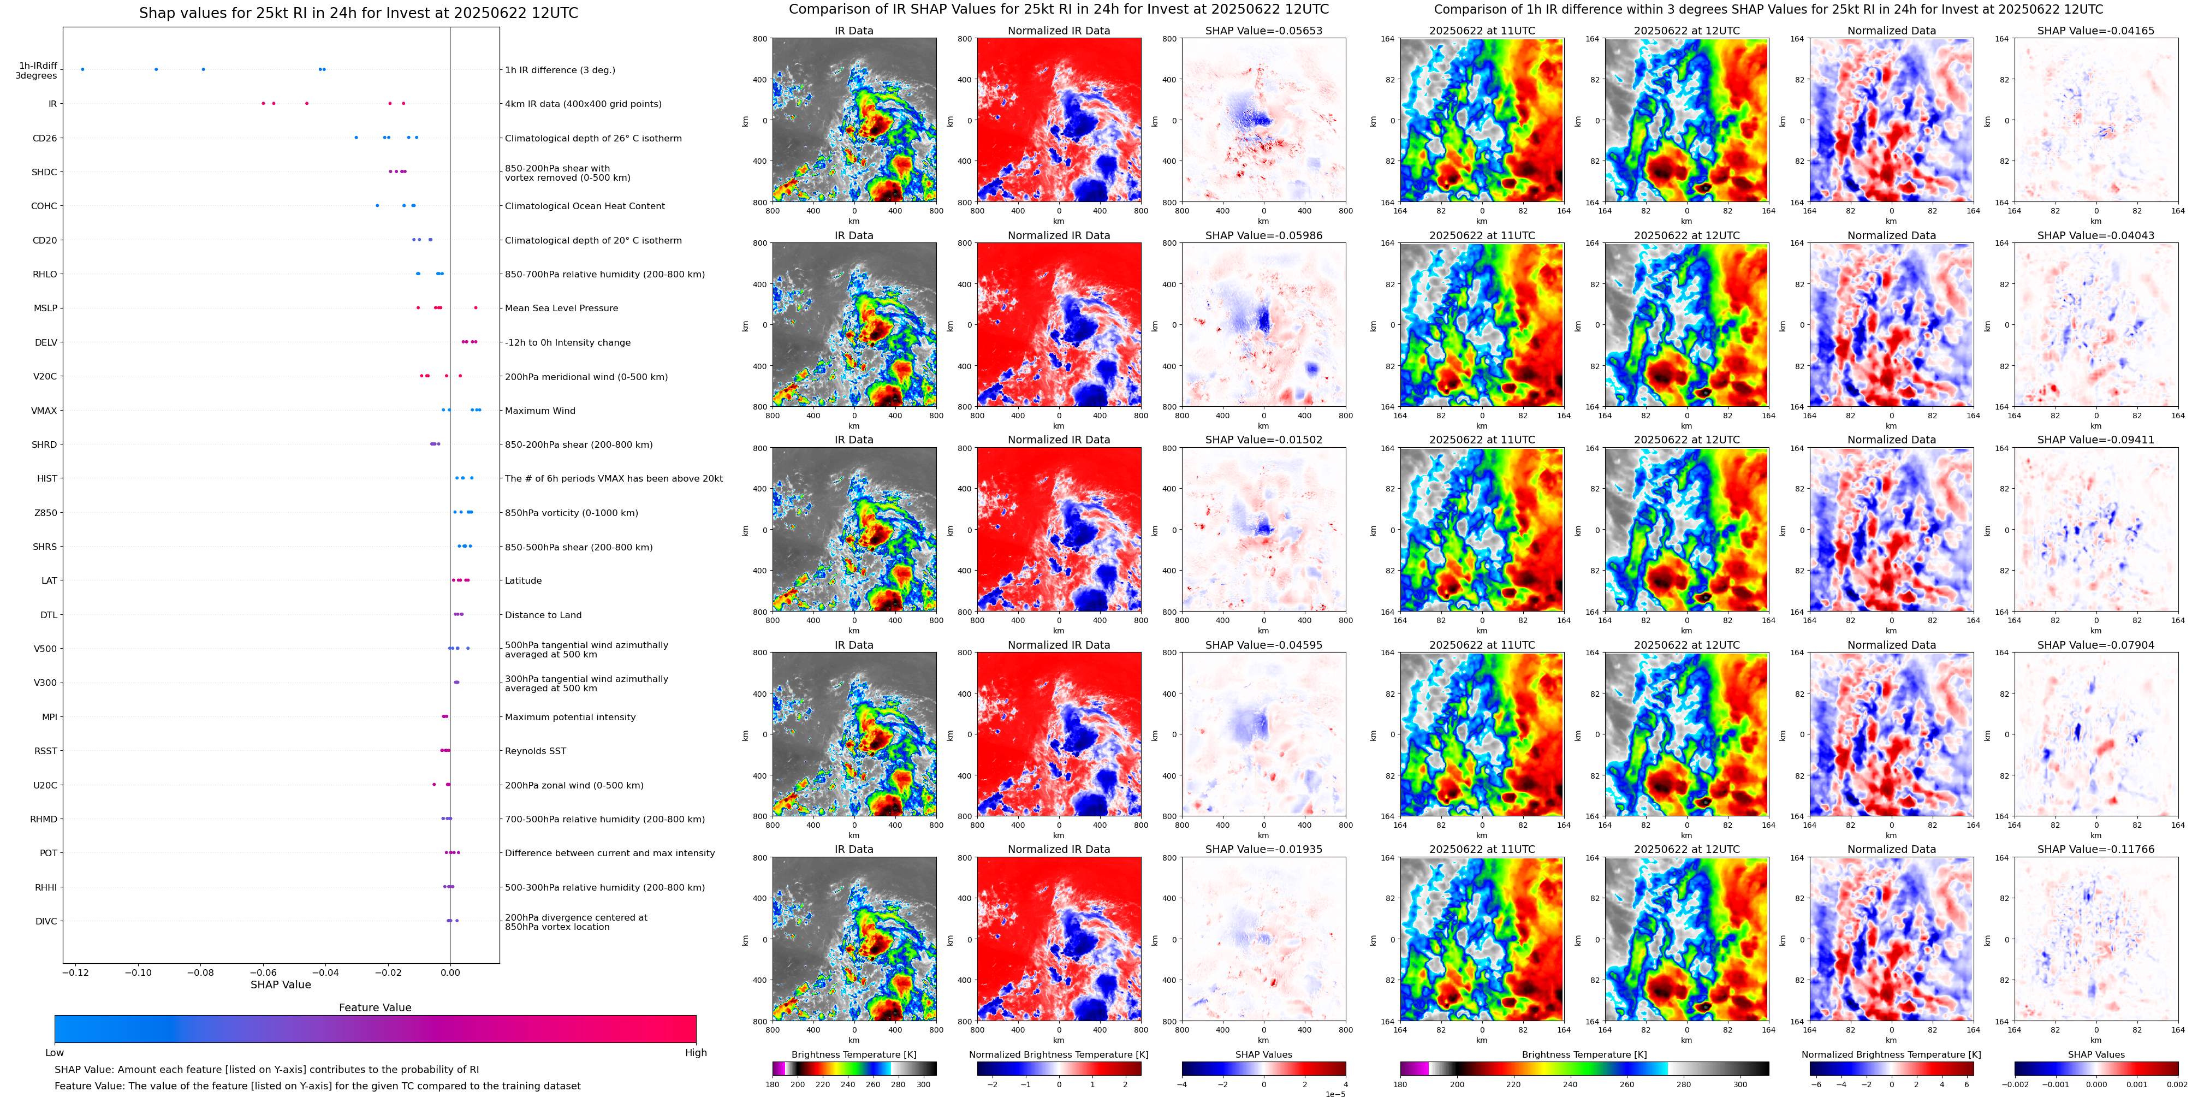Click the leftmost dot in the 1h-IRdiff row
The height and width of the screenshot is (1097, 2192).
(x=82, y=69)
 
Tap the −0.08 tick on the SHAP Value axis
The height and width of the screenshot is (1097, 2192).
(x=201, y=972)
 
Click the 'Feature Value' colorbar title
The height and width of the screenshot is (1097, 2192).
(x=375, y=1007)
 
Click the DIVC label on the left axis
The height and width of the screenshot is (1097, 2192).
(x=46, y=921)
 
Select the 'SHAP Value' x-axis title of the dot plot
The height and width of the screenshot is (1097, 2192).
(x=280, y=985)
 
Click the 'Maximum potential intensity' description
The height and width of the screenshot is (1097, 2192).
(x=569, y=716)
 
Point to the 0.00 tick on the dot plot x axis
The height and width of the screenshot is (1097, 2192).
(x=450, y=972)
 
